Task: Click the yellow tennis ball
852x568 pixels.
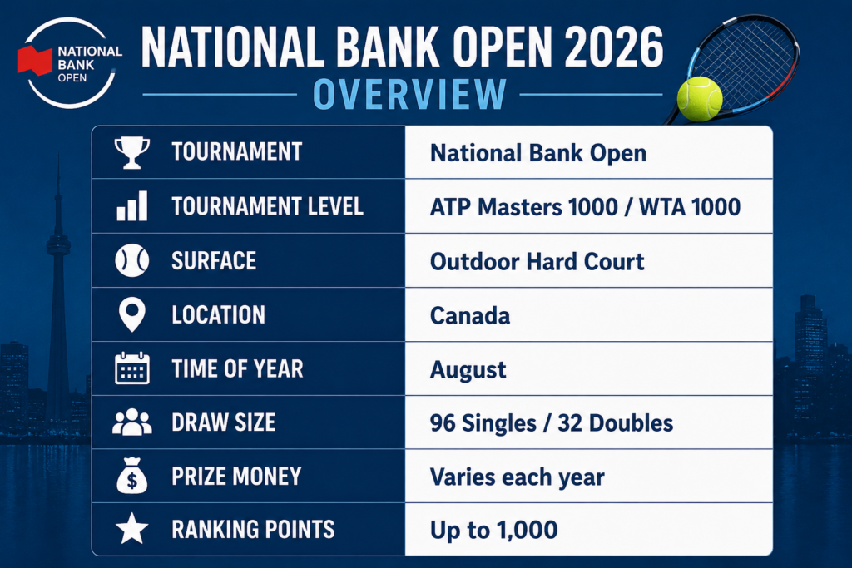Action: pos(700,99)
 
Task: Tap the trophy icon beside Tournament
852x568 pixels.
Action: pos(132,152)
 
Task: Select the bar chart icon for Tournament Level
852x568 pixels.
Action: pos(132,205)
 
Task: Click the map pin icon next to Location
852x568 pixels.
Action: pos(132,314)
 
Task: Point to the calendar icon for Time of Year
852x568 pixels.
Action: pos(132,368)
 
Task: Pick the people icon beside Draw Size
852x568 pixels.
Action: pos(132,422)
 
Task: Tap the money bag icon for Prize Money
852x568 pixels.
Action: pos(132,476)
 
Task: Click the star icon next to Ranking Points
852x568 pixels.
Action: pos(132,529)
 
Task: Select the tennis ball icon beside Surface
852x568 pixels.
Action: pos(132,260)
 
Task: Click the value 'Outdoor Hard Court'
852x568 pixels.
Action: pos(537,261)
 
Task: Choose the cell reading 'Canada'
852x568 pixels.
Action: pos(470,315)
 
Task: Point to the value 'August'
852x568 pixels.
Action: pos(468,370)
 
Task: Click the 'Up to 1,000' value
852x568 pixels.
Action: pos(494,530)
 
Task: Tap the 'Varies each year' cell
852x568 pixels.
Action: pos(517,477)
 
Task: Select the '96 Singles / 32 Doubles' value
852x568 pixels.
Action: pos(552,423)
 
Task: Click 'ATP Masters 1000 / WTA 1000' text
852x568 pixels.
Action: pos(585,207)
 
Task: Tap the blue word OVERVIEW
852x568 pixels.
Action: pos(409,95)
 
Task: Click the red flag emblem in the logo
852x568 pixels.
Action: pos(35,60)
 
